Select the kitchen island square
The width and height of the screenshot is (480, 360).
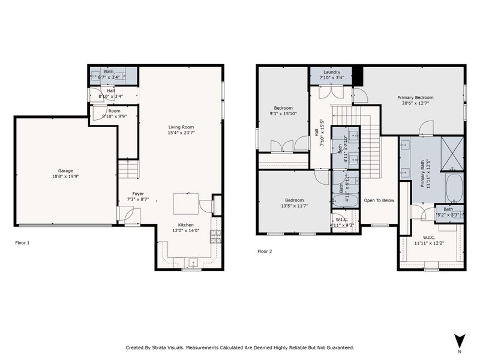point(186,203)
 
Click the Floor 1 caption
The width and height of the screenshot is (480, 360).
point(22,243)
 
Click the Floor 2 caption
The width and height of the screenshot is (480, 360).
point(265,251)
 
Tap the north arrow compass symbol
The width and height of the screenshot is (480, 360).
point(459,341)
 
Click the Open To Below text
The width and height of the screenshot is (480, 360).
point(379,200)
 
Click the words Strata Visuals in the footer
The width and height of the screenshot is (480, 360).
point(168,347)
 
